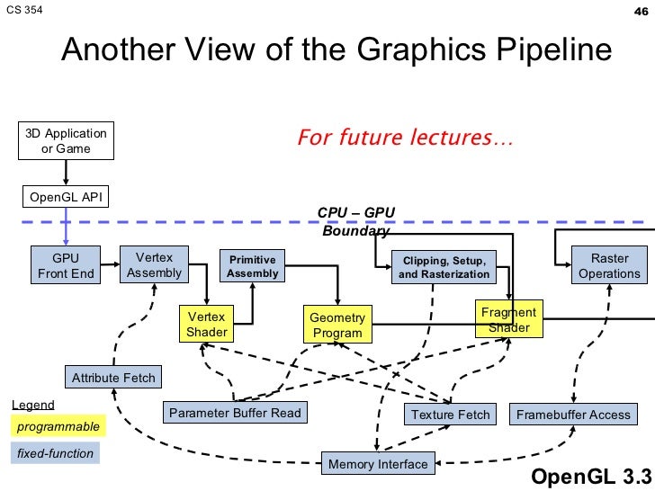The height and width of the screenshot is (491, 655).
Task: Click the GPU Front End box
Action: (x=66, y=266)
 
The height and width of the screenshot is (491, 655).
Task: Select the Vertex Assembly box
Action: (x=154, y=265)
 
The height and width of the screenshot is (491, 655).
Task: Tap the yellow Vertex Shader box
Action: (x=207, y=324)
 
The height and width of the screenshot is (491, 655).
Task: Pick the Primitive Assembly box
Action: (x=253, y=266)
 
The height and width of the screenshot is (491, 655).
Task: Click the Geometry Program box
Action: (x=337, y=326)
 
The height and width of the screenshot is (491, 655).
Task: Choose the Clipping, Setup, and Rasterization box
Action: (x=444, y=267)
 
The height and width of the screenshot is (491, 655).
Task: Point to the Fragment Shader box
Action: (x=508, y=319)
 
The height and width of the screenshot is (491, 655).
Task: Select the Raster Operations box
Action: (x=609, y=266)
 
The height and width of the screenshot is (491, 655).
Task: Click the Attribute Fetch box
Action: (x=113, y=378)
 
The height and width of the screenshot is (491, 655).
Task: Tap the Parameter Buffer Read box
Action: (x=235, y=413)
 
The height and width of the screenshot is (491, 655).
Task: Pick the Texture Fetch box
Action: (x=450, y=415)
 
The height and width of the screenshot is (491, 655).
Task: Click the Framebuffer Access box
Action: (x=573, y=415)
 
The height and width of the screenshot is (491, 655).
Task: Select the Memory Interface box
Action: (x=377, y=464)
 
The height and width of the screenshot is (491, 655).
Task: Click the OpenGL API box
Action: (x=65, y=197)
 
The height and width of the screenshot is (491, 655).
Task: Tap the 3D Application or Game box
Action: (x=67, y=141)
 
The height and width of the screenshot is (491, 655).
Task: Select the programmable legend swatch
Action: (x=57, y=425)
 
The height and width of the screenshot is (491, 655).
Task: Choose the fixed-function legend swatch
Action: (x=55, y=453)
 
